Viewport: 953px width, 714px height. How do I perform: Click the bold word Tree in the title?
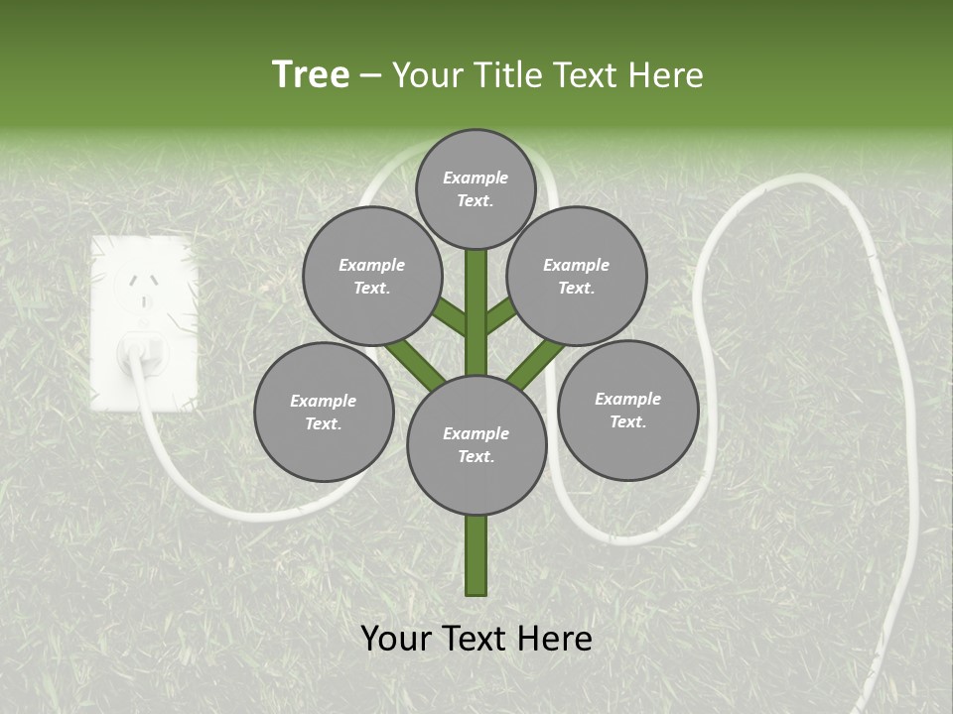click(x=311, y=75)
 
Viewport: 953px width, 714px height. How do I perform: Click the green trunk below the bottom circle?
click(x=476, y=555)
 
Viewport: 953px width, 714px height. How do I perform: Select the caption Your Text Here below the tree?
click(x=476, y=639)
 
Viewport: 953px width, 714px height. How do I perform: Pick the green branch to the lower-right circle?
click(x=537, y=364)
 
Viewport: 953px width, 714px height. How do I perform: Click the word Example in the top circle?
click(x=476, y=178)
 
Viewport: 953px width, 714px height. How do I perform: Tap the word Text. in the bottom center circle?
click(x=476, y=456)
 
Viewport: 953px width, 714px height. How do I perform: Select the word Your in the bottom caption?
click(x=396, y=639)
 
